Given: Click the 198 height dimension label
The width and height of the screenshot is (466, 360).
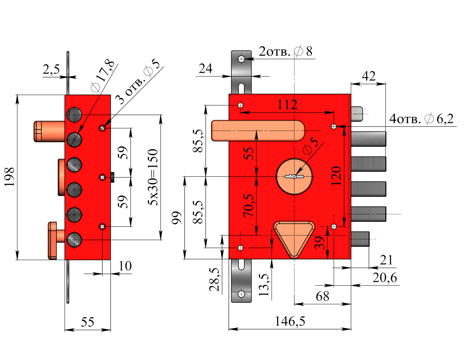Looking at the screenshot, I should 9,177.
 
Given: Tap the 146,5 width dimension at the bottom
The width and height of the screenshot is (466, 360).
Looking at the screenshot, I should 290,322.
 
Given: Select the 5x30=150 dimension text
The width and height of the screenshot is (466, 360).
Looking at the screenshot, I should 153,177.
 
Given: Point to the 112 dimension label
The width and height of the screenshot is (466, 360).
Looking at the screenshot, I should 287,105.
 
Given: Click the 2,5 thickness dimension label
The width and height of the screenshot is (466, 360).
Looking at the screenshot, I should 52,70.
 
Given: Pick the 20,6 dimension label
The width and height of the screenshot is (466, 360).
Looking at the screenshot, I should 384,278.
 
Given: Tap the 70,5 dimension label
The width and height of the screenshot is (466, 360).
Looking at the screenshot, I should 249,205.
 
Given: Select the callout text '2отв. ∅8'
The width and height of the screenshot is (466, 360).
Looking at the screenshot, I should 286,52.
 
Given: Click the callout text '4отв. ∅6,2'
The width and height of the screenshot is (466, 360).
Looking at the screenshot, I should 421,119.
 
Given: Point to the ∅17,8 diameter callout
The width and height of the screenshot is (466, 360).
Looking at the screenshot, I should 103,76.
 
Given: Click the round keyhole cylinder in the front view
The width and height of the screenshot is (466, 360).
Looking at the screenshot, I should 294,176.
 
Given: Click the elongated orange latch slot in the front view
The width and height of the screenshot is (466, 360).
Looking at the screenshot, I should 258,131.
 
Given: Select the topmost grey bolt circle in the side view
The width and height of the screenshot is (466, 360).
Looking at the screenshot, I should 74,114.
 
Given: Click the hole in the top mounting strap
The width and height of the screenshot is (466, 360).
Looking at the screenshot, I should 241,59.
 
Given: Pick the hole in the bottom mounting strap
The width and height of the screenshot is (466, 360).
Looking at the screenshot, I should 241,294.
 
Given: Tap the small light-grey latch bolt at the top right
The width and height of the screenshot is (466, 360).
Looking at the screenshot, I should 357,114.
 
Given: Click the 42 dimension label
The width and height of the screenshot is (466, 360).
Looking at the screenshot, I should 369,76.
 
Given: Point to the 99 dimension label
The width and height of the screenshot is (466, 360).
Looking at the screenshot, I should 176,218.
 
